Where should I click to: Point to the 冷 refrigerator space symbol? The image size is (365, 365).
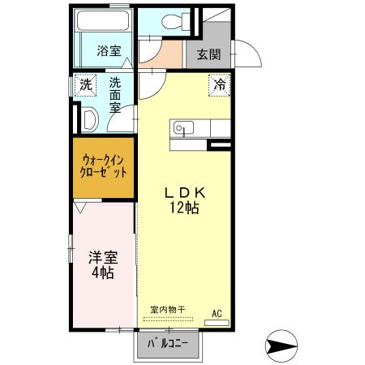[x=220, y=83]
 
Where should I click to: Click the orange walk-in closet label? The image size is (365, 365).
[x=103, y=166]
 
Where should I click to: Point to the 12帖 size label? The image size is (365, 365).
[x=186, y=208]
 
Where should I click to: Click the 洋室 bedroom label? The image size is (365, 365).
[x=103, y=258]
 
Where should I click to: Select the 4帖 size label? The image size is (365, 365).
[x=103, y=273]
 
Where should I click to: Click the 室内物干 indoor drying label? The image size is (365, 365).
[x=168, y=308]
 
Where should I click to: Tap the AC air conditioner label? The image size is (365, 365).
[x=217, y=312]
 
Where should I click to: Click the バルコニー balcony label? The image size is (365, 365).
[x=168, y=343]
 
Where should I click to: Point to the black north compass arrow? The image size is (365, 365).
[x=279, y=347]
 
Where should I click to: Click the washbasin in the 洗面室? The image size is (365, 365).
[x=91, y=119]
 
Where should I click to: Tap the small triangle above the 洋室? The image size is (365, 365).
[x=81, y=208]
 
